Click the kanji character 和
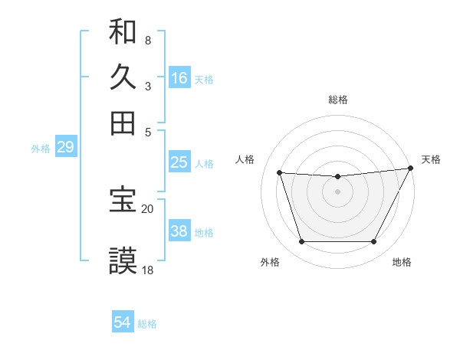click(x=123, y=33)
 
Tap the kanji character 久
click(x=123, y=77)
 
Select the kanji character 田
click(x=123, y=123)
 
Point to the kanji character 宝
click(x=123, y=200)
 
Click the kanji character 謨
click(x=123, y=260)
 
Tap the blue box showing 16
click(x=179, y=78)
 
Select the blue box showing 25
click(x=179, y=162)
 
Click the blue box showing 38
click(x=179, y=232)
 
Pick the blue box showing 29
click(x=65, y=148)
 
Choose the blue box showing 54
click(x=123, y=322)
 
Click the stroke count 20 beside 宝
click(x=148, y=209)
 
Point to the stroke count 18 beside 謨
click(x=148, y=270)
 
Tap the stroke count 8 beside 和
click(x=147, y=40)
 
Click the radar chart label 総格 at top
click(x=338, y=100)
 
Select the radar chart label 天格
click(x=431, y=159)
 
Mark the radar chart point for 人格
click(x=280, y=173)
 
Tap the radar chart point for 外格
click(x=301, y=242)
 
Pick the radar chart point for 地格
click(x=374, y=242)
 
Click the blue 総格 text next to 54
click(x=147, y=324)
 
